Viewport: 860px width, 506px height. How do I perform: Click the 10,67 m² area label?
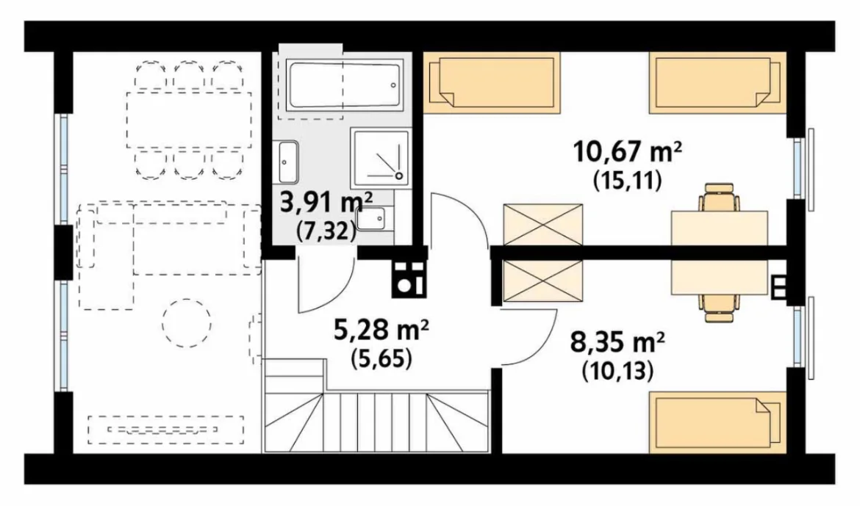(628, 152)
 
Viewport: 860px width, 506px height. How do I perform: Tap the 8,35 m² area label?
(618, 344)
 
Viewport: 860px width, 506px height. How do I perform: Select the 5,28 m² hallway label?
(381, 330)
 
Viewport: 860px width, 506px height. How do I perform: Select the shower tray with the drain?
(381, 158)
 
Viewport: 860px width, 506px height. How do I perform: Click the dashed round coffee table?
(187, 323)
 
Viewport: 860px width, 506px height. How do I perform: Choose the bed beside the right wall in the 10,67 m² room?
(717, 83)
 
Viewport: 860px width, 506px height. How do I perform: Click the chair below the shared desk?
(719, 308)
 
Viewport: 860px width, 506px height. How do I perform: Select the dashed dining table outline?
(189, 120)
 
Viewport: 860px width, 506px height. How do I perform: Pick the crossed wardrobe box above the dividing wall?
(542, 225)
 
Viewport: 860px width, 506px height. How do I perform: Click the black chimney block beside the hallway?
(409, 278)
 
